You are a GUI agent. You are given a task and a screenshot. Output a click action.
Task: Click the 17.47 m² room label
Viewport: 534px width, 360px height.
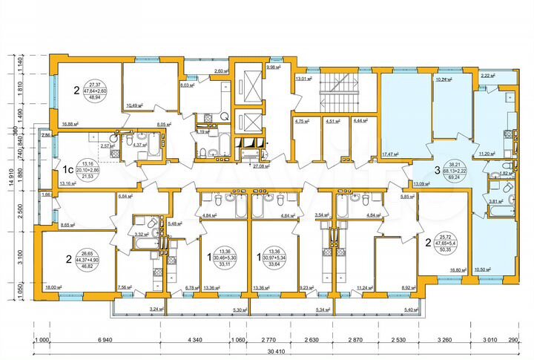[x=392, y=154]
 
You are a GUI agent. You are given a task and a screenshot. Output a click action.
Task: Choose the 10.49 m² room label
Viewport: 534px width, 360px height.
[x=136, y=106]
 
